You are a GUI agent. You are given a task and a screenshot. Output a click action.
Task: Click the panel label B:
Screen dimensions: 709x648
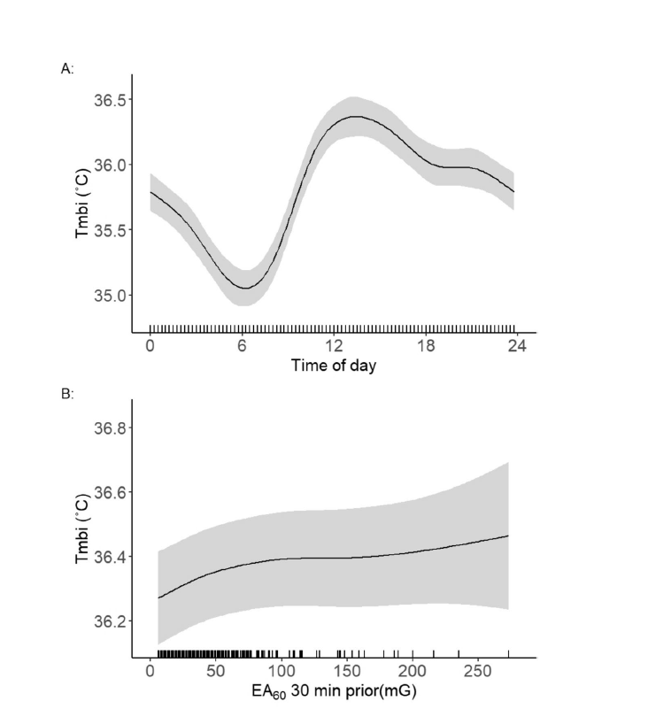66,391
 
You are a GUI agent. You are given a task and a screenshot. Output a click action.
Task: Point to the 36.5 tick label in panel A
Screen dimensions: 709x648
112,99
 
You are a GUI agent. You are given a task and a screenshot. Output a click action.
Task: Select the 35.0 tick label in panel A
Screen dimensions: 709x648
112,295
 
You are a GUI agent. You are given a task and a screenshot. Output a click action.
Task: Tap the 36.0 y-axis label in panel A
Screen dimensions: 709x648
112,165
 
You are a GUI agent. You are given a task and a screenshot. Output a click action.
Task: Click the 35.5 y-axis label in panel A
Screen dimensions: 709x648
112,229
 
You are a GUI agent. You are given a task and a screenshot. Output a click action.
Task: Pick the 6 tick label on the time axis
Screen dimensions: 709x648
242,346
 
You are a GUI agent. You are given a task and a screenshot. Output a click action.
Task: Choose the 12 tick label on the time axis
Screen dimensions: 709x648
334,346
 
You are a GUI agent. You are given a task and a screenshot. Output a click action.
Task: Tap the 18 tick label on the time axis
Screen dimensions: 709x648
426,346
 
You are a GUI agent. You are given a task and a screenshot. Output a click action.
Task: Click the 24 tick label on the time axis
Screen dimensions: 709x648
518,346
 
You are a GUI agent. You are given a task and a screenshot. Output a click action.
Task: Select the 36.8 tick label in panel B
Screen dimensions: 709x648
112,428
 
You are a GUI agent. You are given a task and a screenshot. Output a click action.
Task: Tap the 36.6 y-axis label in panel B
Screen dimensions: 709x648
112,492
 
